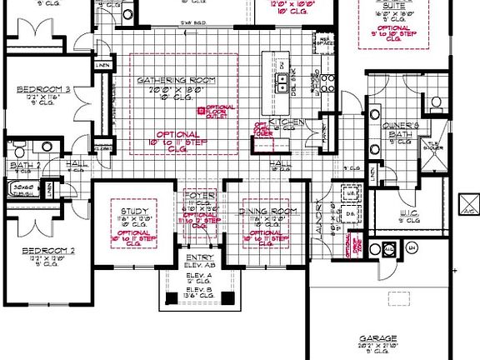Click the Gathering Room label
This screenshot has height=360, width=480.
[x=177, y=81]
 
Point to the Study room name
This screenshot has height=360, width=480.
[x=133, y=212]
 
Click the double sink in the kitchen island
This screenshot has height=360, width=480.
[x=283, y=81]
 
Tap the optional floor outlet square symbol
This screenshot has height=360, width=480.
[x=201, y=109]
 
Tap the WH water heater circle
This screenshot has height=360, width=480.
[x=410, y=247]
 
